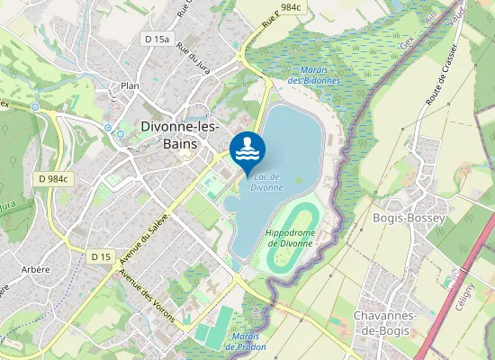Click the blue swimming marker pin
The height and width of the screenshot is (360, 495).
click(x=247, y=149)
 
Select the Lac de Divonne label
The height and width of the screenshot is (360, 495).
click(x=266, y=182)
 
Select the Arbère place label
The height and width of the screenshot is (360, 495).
click(x=36, y=269)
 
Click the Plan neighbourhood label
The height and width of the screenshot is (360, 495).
click(x=130, y=86)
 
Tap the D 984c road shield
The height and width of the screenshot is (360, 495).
click(x=54, y=179)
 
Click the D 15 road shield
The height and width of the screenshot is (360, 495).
click(x=101, y=256)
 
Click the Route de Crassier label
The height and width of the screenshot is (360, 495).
click(x=443, y=73)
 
